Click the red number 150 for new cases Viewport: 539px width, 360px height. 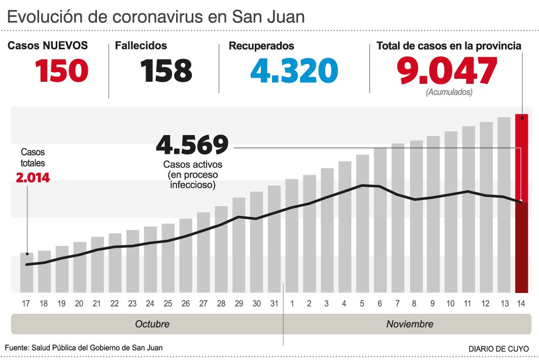tap(62, 71)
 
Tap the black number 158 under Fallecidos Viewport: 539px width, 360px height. tap(167, 71)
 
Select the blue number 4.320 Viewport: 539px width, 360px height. tap(294, 71)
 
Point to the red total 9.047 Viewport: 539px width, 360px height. tap(447, 71)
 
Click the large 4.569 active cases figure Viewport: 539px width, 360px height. tap(192, 145)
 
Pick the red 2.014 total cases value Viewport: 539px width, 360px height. tap(33, 178)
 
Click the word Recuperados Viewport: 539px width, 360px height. tap(261, 46)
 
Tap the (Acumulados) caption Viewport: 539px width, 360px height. tap(449, 92)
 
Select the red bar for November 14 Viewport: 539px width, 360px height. tap(521, 203)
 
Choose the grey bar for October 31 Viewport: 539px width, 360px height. tap(275, 239)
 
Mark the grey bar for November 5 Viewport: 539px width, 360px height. tap(362, 223)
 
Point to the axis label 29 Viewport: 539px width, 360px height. tap(239, 304)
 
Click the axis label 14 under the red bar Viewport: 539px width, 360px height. tap(521, 304)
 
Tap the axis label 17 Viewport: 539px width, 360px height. tap(26, 304)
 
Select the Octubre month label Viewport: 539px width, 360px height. tap(152, 324)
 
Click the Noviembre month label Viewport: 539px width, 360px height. tap(410, 324)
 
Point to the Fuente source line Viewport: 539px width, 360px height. tap(84, 348)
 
